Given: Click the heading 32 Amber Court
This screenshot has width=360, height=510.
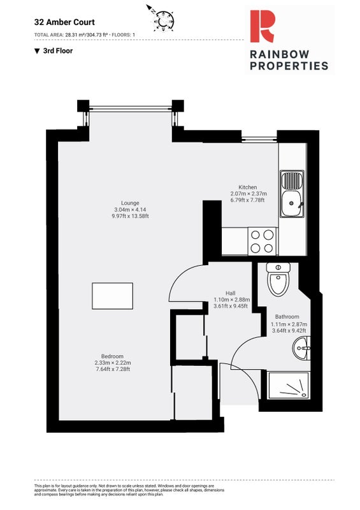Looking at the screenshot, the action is pyautogui.click(x=64, y=22).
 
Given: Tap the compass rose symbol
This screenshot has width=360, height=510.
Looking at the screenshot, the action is pyautogui.click(x=164, y=20).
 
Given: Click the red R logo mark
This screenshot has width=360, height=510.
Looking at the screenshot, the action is pyautogui.click(x=262, y=26).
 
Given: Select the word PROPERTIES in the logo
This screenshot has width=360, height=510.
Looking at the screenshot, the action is pyautogui.click(x=289, y=66).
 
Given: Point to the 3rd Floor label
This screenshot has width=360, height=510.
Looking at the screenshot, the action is pyautogui.click(x=58, y=51).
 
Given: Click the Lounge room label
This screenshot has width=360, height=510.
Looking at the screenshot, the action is pyautogui.click(x=130, y=203).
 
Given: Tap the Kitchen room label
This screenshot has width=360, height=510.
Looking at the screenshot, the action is pyautogui.click(x=247, y=187).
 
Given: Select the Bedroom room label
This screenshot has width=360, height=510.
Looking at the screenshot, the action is pyautogui.click(x=112, y=356).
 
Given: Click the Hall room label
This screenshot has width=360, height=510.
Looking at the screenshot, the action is pyautogui.click(x=230, y=293).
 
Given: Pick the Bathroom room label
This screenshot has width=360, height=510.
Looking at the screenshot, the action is pyautogui.click(x=287, y=316).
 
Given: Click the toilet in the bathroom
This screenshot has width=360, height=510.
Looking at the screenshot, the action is pyautogui.click(x=278, y=279).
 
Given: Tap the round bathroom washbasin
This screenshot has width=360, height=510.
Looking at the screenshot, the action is pyautogui.click(x=301, y=348).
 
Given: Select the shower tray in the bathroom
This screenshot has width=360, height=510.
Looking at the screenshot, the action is pyautogui.click(x=289, y=386).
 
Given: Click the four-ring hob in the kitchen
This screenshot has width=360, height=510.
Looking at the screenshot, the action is pyautogui.click(x=262, y=242).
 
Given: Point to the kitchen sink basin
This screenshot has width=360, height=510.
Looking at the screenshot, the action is pyautogui.click(x=292, y=204).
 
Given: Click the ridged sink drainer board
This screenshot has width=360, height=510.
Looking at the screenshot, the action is pyautogui.click(x=292, y=181).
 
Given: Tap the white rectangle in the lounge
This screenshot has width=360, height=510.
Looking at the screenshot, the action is pyautogui.click(x=112, y=296).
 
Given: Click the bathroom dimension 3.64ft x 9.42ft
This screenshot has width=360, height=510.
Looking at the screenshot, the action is pyautogui.click(x=289, y=331).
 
